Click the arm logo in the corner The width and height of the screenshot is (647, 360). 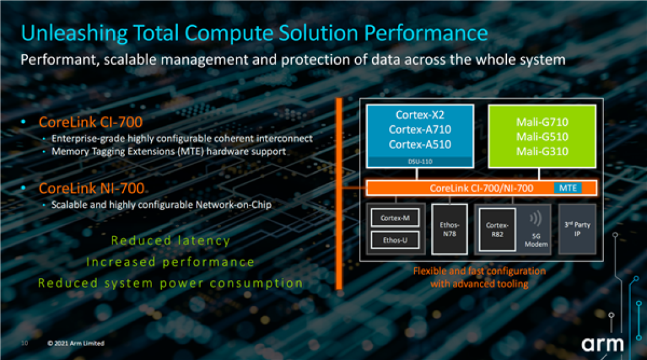point(603,344)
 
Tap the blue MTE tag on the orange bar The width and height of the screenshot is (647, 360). point(568,188)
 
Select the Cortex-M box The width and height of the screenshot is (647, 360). point(395,217)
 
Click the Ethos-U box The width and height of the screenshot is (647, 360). point(395,240)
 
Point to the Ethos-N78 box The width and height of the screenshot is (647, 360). point(449,229)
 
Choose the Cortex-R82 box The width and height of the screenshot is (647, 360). point(497,229)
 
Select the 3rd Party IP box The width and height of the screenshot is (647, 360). point(578,229)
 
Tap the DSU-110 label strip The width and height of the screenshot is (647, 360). point(420,162)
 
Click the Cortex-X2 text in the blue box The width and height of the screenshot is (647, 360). point(420,114)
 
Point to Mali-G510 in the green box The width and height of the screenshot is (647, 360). point(542,137)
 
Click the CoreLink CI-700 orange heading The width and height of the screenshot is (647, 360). point(91,122)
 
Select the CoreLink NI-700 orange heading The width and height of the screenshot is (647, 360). point(92,189)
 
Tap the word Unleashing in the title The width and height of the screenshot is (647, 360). point(74,34)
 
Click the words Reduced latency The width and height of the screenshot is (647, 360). point(170,240)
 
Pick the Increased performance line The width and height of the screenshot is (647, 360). point(170,262)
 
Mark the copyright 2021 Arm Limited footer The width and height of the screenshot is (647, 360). point(76,343)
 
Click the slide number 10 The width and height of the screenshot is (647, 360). point(25,343)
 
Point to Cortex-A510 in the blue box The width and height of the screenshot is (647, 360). point(420,144)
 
